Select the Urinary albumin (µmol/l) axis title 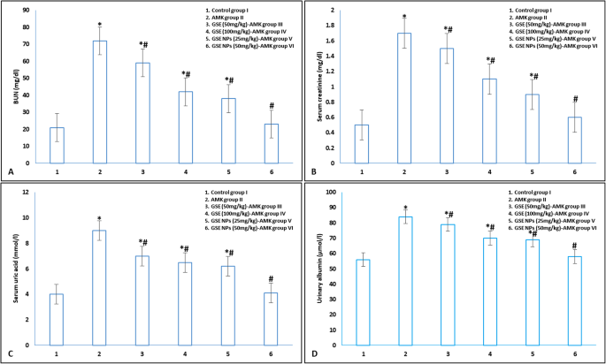point(312,269)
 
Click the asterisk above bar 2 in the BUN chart point(101,25)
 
